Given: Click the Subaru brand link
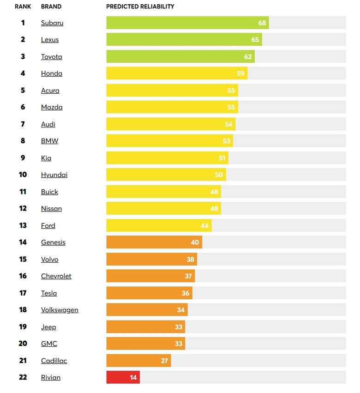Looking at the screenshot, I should coord(52,23).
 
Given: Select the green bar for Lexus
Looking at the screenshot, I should coord(184,40).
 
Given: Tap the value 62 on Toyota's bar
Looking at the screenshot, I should coord(248,57).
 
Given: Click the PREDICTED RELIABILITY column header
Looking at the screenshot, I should coord(140,7).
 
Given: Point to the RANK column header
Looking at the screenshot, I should coord(23,7).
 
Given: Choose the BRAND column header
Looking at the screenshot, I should coord(51,7).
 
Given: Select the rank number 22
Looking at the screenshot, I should coord(23,377).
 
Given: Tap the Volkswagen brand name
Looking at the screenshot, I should coord(60,310).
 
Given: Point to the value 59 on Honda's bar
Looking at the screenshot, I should coord(240,73).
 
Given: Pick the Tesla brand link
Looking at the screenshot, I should coord(49,293).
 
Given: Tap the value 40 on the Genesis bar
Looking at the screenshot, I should coord(195,242).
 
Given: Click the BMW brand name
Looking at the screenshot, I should coord(49,141).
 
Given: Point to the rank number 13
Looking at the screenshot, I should coord(23,225).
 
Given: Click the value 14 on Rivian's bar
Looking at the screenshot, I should coord(133,377).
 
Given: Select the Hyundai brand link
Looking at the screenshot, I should coord(54,175).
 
